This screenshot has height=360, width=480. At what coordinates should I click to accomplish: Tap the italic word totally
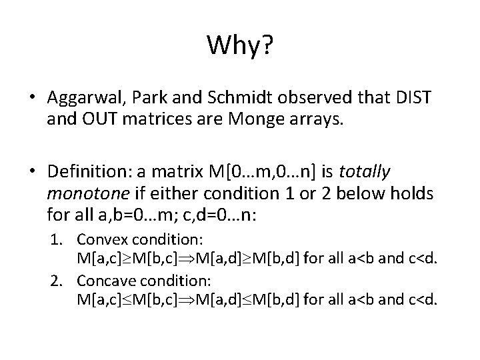(365, 172)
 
